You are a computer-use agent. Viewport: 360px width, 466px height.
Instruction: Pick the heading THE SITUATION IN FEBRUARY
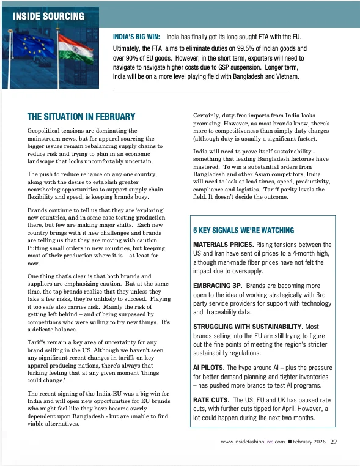pos(81,117)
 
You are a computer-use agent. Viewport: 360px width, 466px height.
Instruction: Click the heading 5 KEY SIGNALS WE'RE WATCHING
pos(243,231)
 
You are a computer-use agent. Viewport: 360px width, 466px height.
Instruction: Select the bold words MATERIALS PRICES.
pos(219,245)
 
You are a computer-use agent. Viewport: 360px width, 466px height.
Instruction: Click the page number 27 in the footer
pos(334,442)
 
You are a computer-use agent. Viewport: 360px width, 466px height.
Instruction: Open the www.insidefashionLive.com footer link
pos(253,442)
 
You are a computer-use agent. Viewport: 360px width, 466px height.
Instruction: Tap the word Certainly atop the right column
pos(209,116)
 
